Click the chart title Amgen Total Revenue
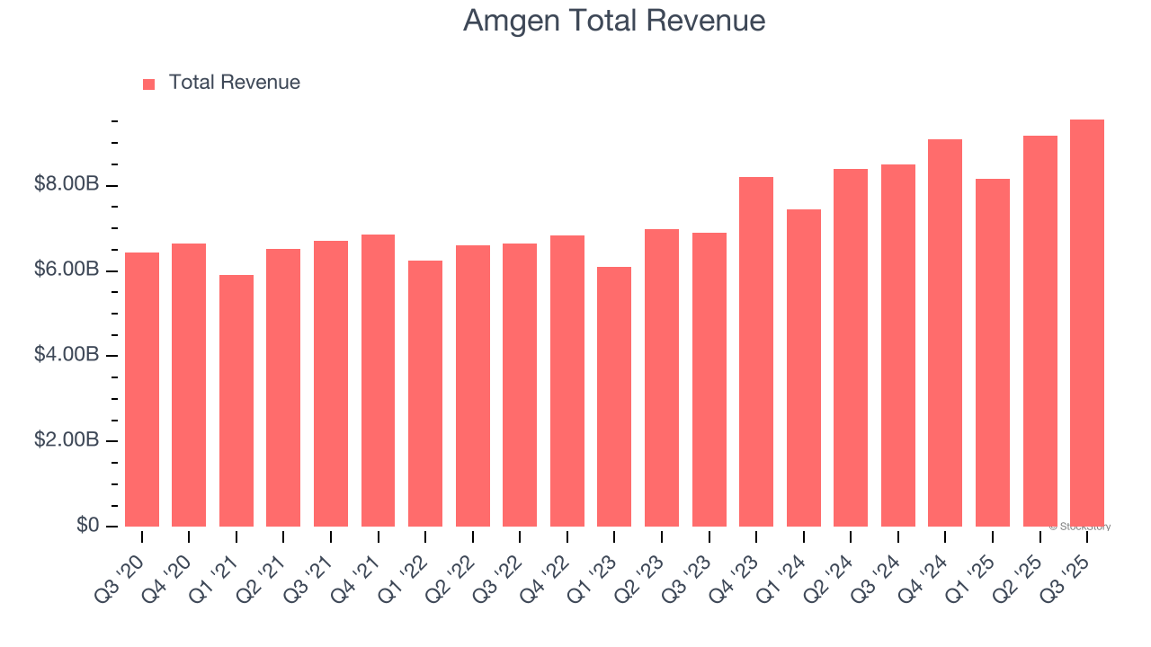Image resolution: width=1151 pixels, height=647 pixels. (614, 21)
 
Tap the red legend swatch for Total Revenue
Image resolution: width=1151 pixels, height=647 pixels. (149, 84)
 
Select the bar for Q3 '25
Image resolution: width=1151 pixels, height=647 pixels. (1086, 323)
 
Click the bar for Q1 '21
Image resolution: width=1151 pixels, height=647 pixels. (236, 400)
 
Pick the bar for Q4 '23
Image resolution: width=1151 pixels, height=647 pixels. (756, 351)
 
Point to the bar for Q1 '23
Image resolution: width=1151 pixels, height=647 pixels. (614, 396)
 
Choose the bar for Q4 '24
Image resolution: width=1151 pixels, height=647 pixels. (945, 332)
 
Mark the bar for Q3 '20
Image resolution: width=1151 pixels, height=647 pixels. (142, 389)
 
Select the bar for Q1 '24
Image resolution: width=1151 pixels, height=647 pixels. (803, 368)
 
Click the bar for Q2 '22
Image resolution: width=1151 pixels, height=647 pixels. (473, 386)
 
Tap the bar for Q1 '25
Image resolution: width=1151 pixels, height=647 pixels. (992, 352)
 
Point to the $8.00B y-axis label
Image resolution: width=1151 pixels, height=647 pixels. (67, 185)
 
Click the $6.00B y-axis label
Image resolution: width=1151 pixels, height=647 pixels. (67, 270)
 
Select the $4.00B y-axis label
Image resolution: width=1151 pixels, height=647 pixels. (67, 355)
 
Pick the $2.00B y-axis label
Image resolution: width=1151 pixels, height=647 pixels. (67, 440)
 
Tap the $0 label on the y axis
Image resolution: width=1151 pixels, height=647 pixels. (86, 525)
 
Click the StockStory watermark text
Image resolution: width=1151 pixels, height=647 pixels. (1080, 527)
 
